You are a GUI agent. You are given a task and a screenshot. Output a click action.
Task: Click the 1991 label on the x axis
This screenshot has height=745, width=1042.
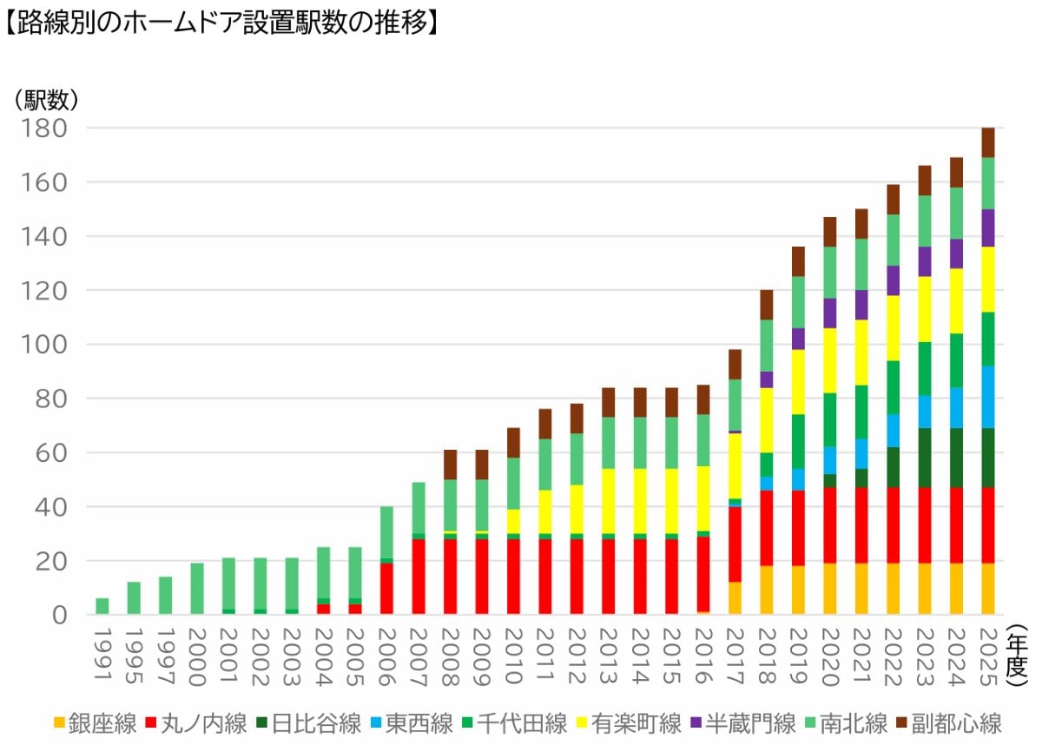[102, 648]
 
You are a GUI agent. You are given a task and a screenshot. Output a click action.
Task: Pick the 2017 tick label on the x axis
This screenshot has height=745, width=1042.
[735, 648]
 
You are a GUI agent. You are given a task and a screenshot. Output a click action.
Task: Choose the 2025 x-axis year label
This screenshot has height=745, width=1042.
[988, 648]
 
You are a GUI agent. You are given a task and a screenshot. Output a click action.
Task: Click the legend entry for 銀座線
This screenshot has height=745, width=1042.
[95, 722]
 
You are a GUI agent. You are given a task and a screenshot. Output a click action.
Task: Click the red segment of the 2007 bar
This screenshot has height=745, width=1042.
[419, 577]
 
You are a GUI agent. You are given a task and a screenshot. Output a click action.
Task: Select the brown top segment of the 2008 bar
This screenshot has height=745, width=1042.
[450, 465]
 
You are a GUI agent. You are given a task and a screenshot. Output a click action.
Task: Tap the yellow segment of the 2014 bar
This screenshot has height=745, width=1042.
[640, 502]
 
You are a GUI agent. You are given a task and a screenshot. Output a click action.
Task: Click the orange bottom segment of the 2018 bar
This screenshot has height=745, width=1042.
[767, 590]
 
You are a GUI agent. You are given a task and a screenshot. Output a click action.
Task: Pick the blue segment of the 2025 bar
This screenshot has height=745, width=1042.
[988, 397]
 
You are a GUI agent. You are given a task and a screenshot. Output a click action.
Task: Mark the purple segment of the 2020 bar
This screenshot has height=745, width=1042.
[830, 313]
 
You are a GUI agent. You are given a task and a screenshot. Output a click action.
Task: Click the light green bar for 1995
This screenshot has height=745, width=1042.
[134, 598]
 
